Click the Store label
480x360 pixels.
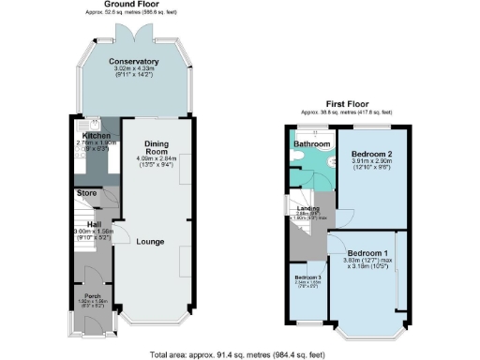tap(87, 193)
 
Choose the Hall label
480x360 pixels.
tap(95, 225)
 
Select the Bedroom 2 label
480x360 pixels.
tap(370, 152)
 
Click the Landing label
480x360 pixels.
tap(309, 209)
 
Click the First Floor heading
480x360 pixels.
tap(347, 103)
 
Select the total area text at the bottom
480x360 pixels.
tap(240, 354)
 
